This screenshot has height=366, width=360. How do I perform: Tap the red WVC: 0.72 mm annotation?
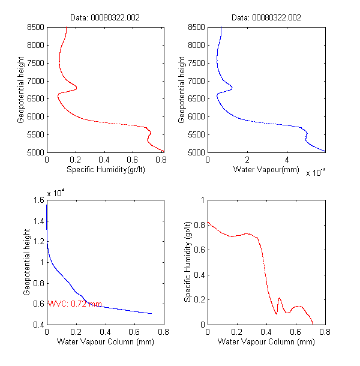74,304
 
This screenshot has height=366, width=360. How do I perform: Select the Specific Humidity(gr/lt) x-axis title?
106,170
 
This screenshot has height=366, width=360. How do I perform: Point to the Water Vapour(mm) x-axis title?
266,170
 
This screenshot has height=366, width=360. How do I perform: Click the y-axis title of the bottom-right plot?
188,262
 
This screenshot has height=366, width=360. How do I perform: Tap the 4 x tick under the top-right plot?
286,160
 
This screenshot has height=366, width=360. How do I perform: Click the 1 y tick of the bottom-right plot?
202,200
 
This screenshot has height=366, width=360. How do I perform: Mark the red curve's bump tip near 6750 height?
77,89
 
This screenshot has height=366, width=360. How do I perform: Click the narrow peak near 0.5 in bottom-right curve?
280,298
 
